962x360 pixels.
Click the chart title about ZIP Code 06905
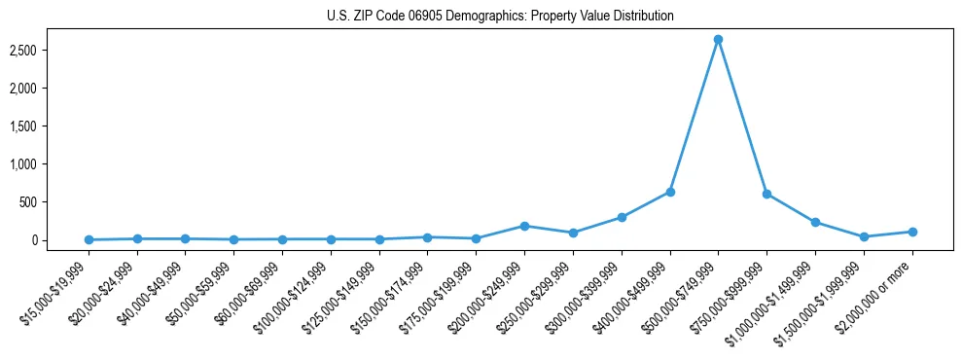[x=500, y=17]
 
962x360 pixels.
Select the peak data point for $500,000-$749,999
[x=718, y=40]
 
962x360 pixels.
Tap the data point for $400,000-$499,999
[x=670, y=192]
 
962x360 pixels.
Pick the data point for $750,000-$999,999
[x=766, y=194]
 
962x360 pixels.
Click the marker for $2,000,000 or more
[x=912, y=232]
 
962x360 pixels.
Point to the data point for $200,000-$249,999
[x=524, y=226]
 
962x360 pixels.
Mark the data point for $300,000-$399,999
[x=622, y=217]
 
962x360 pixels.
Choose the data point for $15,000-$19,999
[x=89, y=239]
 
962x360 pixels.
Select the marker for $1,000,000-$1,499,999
[x=815, y=222]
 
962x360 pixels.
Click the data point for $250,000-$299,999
[x=573, y=233]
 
